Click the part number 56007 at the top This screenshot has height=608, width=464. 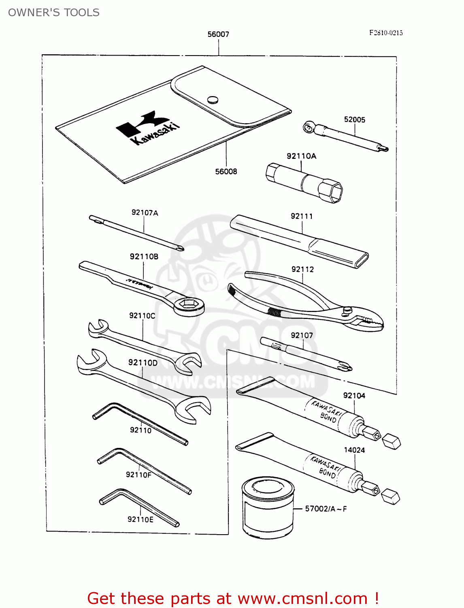pos(218,34)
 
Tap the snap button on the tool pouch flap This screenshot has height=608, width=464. pos(213,99)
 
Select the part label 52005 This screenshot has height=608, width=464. pos(355,120)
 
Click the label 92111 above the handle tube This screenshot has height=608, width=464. pos(302,216)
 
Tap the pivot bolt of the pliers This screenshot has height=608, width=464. pos(347,310)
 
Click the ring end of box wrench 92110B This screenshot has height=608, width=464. pos(189,305)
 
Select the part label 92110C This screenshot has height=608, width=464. pos(142,315)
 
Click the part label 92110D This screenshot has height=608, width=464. pos(143,362)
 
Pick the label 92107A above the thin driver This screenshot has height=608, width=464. pos(145,212)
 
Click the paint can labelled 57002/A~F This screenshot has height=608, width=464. pos(267,509)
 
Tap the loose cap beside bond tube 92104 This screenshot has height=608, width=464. pos(392,441)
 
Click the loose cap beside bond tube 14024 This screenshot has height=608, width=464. pos(391,497)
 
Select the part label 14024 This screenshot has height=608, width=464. pos(354,450)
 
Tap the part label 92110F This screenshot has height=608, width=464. pos(138,475)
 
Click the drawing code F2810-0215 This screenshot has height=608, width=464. pos(386,33)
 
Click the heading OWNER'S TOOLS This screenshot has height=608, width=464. pos(54,13)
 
